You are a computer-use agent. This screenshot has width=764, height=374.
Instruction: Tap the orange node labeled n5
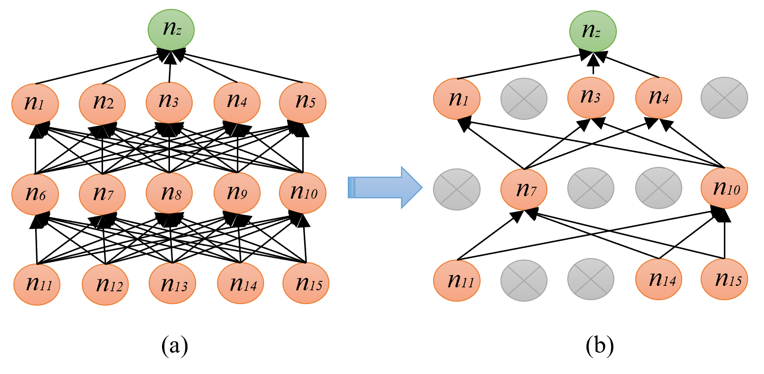tap(303, 102)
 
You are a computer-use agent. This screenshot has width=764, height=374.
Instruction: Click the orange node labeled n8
tap(169, 193)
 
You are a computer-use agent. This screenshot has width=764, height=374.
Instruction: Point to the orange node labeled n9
tap(237, 193)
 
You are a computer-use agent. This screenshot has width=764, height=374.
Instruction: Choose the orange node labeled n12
tap(105, 284)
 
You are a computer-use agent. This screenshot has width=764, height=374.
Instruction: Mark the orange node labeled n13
tap(172, 284)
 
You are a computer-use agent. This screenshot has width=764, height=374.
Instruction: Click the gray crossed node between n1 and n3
tap(524, 99)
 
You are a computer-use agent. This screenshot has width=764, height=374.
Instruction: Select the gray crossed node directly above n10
tap(724, 98)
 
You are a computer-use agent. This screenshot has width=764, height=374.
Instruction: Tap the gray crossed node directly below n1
tap(457, 189)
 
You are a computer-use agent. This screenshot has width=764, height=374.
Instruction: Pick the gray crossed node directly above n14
tap(658, 188)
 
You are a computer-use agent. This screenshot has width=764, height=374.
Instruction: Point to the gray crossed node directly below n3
tap(591, 188)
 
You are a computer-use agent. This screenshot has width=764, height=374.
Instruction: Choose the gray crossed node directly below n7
tap(524, 280)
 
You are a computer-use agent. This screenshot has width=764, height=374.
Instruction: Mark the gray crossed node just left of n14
tap(591, 280)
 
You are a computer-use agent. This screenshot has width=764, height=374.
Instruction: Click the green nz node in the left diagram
tap(171, 30)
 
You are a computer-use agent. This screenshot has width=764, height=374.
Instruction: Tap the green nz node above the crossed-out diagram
tap(593, 31)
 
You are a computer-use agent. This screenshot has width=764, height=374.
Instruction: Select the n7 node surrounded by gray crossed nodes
tap(524, 189)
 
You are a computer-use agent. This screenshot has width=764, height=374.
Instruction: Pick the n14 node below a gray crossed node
tap(658, 280)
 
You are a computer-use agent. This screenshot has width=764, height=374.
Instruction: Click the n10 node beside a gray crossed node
tap(724, 188)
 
